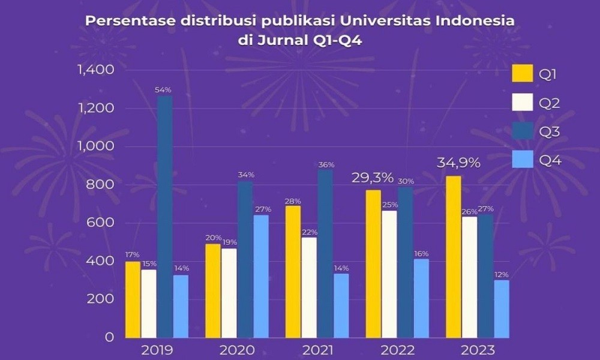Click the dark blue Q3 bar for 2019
click(164, 216)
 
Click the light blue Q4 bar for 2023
click(501, 308)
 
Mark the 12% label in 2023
click(501, 274)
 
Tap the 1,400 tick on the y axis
click(92, 70)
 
